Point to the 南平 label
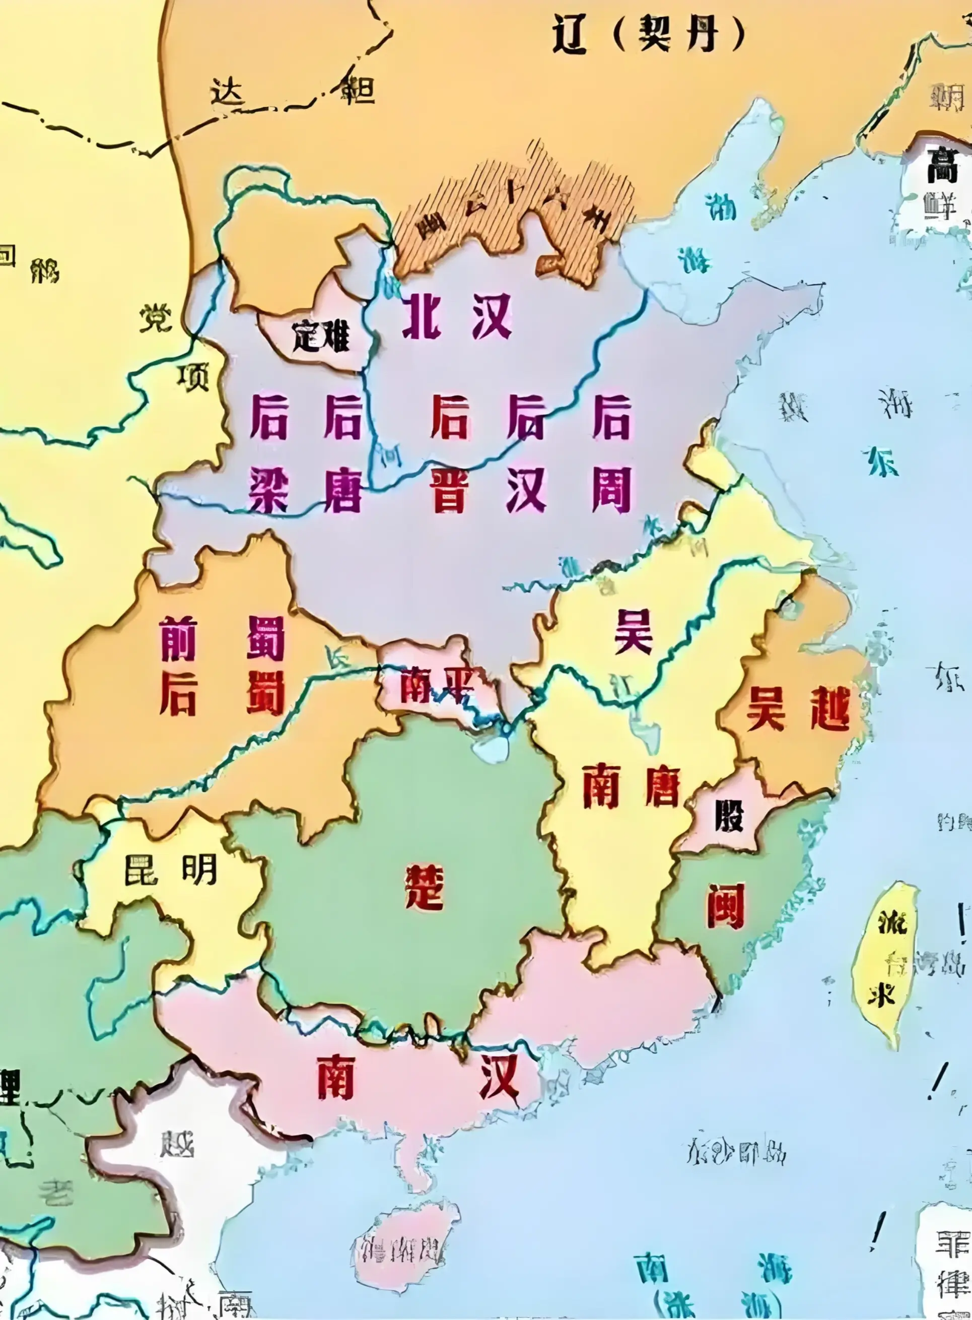(x=437, y=684)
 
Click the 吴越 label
(x=798, y=710)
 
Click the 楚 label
(x=424, y=887)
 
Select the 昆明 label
(x=171, y=869)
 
